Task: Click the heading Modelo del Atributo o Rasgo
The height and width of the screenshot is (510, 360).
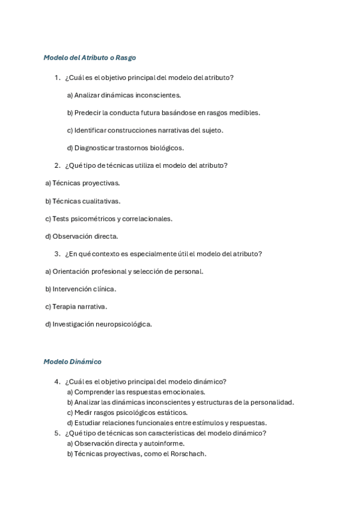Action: tap(90, 58)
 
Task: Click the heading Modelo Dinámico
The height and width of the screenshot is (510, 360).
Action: tap(72, 361)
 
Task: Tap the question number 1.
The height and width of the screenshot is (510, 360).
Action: tap(56, 78)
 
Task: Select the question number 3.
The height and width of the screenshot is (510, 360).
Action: tap(56, 254)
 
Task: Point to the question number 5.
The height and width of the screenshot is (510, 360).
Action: tap(56, 433)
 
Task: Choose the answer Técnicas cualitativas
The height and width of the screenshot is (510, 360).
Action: tap(83, 201)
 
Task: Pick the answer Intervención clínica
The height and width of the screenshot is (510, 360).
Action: tap(81, 289)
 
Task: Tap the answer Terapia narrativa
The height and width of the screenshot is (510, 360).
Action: tap(76, 306)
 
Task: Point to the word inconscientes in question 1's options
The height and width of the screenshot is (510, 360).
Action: tap(160, 95)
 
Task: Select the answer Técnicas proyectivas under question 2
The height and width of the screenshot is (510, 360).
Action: tap(83, 183)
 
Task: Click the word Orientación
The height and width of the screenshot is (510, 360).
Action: tap(71, 271)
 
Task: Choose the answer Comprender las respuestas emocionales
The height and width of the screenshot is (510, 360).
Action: tap(136, 392)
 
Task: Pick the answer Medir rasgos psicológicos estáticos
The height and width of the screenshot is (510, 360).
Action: tap(127, 413)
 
